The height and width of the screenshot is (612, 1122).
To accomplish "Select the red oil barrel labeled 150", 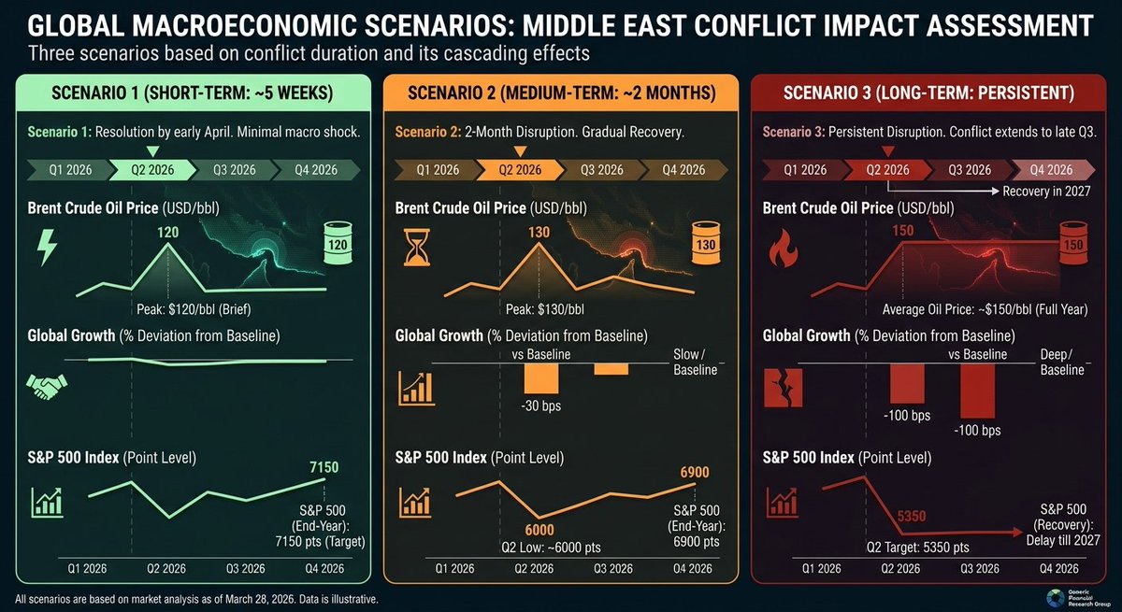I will pos(1072,247).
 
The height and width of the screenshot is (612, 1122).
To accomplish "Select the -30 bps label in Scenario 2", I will pos(540,407).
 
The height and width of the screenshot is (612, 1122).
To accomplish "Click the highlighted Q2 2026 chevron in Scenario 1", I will pos(151,169).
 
